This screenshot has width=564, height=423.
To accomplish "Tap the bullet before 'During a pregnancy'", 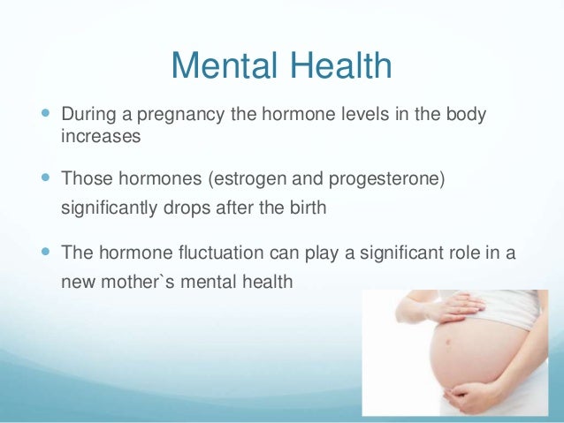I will [x=47, y=117].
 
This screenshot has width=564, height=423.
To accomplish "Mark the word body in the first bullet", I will [x=464, y=117].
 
